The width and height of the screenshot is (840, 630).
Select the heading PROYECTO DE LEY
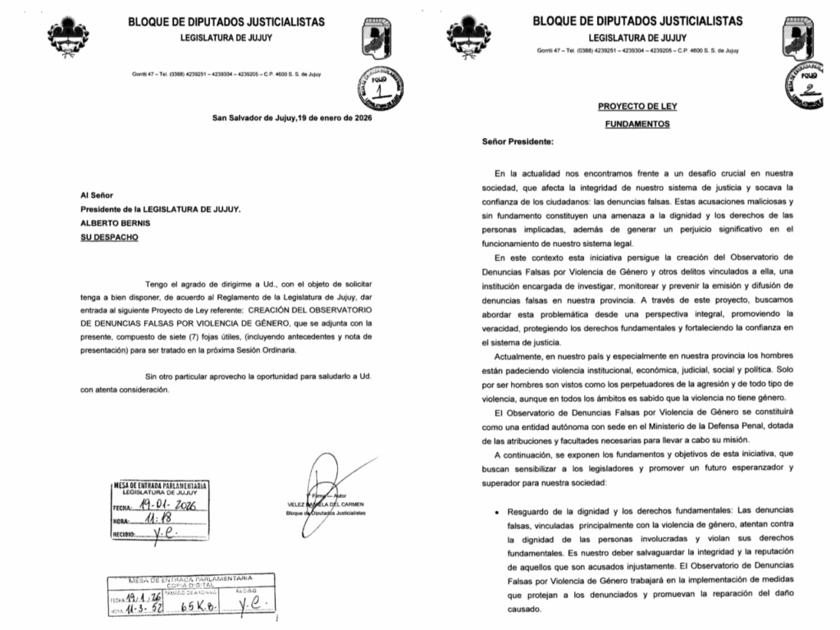[x=637, y=107]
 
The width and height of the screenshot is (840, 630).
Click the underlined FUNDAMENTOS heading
[x=637, y=124]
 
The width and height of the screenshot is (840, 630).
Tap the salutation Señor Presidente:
[x=518, y=142]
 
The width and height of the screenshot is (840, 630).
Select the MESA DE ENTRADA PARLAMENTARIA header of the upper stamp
[x=161, y=485]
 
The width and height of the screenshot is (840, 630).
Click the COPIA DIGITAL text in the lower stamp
[x=191, y=586]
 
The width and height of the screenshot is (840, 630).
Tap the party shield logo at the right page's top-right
[x=812, y=33]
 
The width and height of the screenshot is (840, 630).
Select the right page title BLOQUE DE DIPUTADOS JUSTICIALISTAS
[x=637, y=21]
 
